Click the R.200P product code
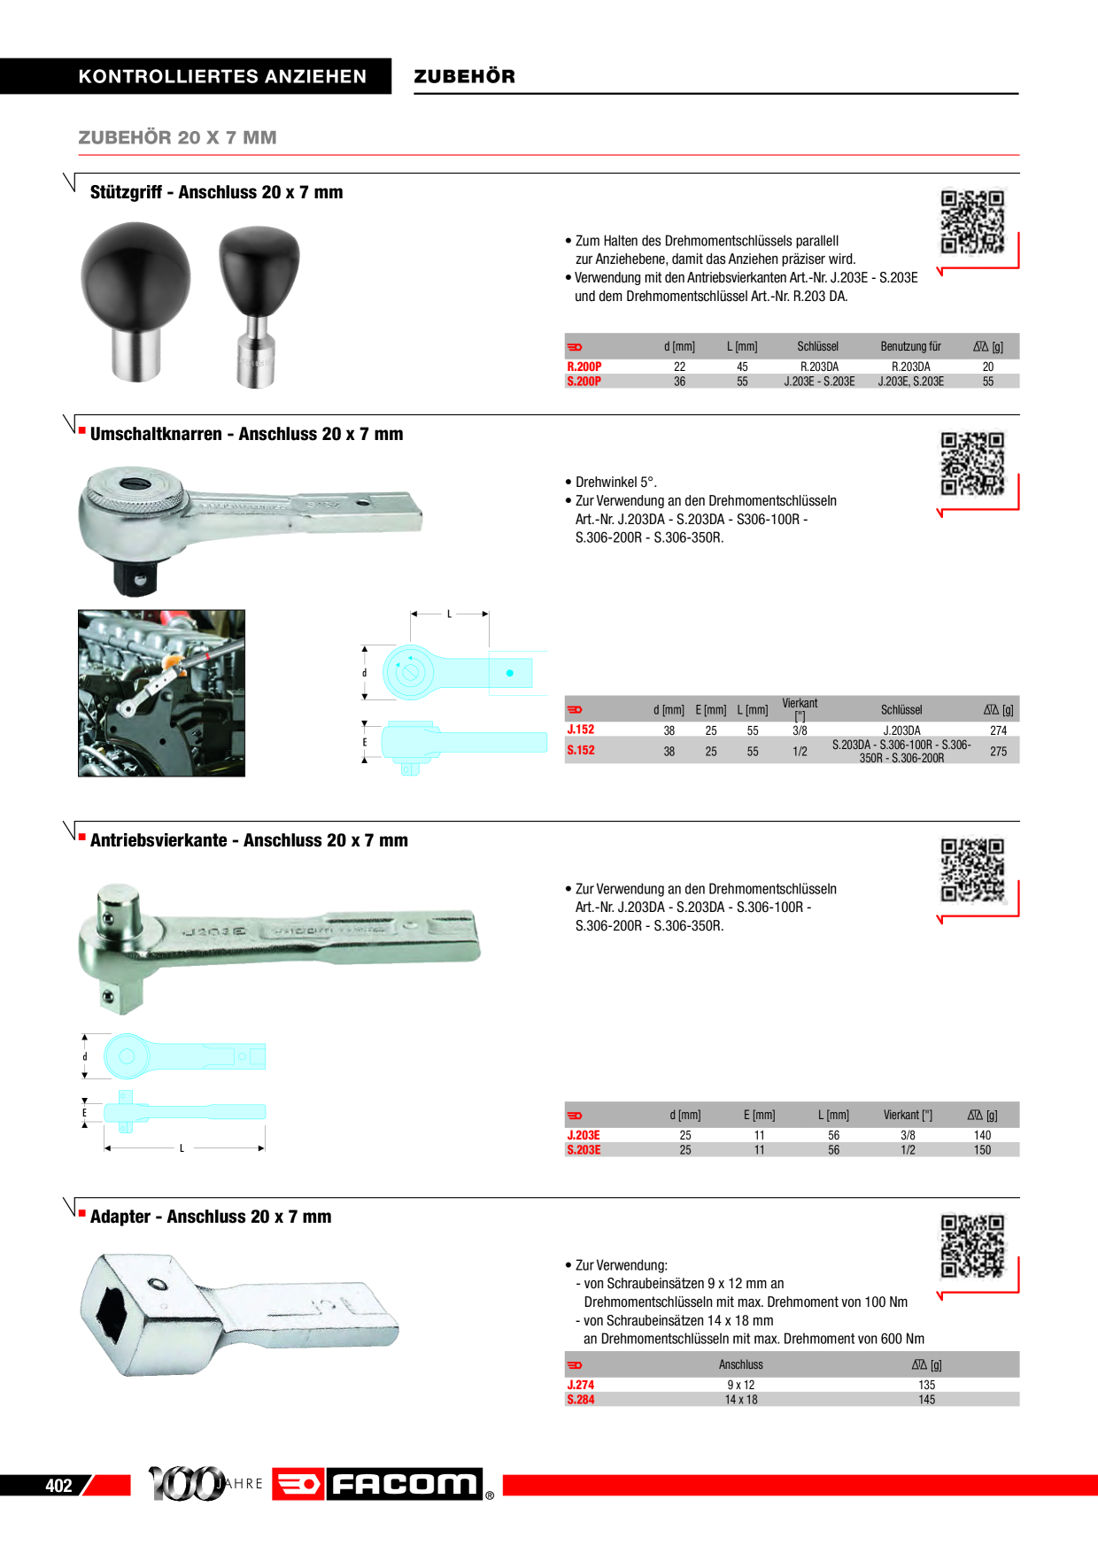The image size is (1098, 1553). point(584,367)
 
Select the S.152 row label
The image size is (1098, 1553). point(581,750)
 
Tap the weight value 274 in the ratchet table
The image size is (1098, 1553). point(998,730)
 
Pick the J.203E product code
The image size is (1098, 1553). point(584,1135)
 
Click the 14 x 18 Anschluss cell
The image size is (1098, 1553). point(740,1400)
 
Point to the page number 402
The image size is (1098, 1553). point(58,1486)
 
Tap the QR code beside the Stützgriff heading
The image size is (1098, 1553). point(971,222)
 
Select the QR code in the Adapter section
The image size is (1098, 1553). point(971,1246)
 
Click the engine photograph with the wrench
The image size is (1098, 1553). point(161,692)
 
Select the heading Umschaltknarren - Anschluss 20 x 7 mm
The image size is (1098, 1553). point(246,434)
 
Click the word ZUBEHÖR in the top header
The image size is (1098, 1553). point(464,76)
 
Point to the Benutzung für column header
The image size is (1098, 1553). point(910,346)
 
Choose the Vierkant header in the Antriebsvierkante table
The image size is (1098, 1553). point(907,1115)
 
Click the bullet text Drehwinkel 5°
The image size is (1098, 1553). point(615,482)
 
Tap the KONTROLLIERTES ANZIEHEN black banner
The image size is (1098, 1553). point(196,76)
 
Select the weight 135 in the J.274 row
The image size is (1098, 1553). point(926,1385)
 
